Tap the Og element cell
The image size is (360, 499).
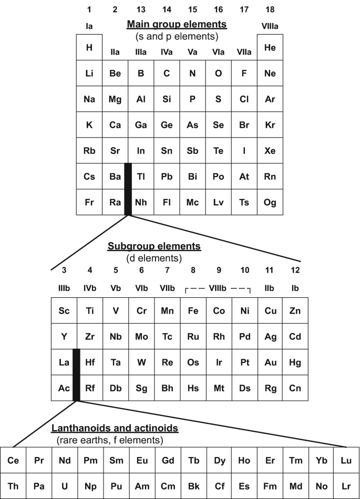click(x=270, y=202)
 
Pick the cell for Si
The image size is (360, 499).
click(x=167, y=99)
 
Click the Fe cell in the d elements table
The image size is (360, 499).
click(x=193, y=310)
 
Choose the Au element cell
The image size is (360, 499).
click(x=270, y=362)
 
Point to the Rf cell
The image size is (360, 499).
click(x=90, y=388)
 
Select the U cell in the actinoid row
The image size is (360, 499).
click(x=64, y=486)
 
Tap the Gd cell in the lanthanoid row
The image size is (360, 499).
click(x=168, y=460)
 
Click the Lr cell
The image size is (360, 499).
click(x=347, y=486)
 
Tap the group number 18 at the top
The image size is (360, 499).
click(x=270, y=9)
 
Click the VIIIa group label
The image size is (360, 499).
click(x=270, y=25)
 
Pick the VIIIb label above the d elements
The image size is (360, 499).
click(x=219, y=288)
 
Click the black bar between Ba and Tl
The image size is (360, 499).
click(x=128, y=189)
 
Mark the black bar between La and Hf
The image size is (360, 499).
click(x=76, y=375)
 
